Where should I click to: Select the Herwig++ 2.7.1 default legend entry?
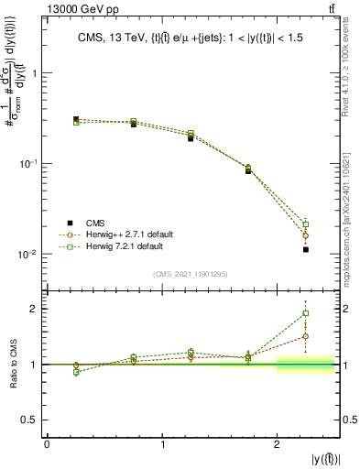tap(128, 234)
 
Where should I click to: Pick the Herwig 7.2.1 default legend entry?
tap(125, 246)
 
